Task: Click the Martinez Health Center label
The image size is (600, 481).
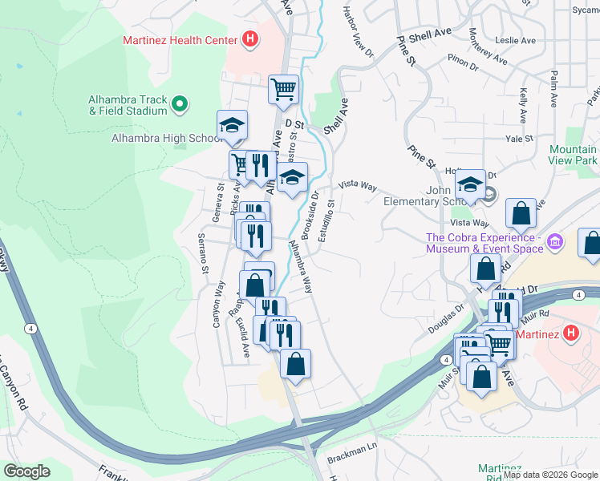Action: pyautogui.click(x=180, y=40)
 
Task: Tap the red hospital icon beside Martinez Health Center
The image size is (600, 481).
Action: pyautogui.click(x=250, y=38)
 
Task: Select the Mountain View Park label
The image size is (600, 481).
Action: pyautogui.click(x=573, y=156)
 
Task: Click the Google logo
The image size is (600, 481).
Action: pyautogui.click(x=27, y=471)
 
